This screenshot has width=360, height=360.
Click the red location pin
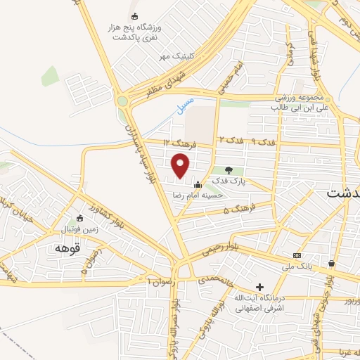pyautogui.click(x=181, y=166)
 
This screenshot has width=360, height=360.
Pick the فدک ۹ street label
pyautogui.click(x=263, y=142)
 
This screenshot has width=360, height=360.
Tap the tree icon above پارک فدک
pyautogui.click(x=229, y=169)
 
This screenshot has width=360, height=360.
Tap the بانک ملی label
pyautogui.click(x=297, y=266)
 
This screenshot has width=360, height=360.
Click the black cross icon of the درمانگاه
pyautogui.click(x=259, y=287)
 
